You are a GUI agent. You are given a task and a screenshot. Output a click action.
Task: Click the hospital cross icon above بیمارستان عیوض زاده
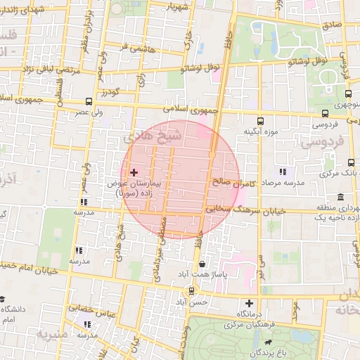click(x=134, y=172)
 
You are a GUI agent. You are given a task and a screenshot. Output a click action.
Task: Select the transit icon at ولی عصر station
click(x=89, y=101)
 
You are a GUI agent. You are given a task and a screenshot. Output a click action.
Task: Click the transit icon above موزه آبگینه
click(x=261, y=120)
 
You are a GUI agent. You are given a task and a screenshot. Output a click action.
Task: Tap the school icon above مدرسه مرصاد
click(x=282, y=171)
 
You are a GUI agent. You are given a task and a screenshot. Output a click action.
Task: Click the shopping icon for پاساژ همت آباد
click(x=202, y=264)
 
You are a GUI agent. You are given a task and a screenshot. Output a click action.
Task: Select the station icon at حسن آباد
click(x=191, y=290)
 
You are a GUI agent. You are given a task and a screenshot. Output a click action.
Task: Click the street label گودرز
click(x=111, y=92)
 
